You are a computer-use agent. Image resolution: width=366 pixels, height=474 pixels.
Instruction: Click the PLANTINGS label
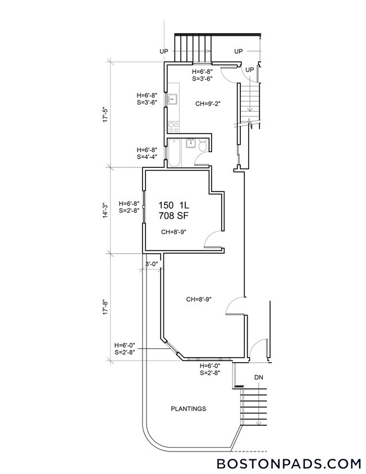pos(188,409)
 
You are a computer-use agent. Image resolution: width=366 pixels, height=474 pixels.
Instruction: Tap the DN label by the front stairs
pos(259,378)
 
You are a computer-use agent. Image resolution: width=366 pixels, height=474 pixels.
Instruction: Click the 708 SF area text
pos(172,215)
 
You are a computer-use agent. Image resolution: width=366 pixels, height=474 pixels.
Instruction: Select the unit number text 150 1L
pos(172,205)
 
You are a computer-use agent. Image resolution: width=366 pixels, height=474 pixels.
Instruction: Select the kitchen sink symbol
pos(172,100)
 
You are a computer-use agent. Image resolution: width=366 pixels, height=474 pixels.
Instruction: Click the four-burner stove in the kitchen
pos(173,127)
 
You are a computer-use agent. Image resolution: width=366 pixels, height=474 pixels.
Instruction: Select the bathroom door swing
pos(201,159)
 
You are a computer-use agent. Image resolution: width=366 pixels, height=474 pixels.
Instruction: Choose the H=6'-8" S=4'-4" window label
pos(147,153)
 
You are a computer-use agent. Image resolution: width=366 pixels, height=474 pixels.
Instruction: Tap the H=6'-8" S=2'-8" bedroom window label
pos(130,207)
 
